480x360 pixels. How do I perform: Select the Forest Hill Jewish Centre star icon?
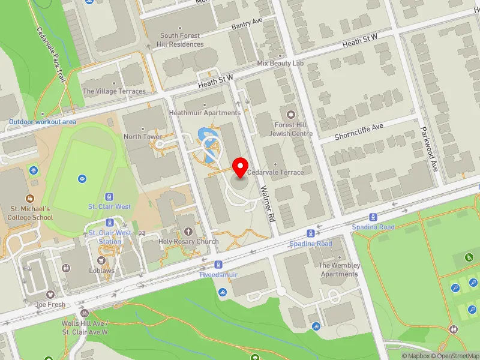tap(292, 114)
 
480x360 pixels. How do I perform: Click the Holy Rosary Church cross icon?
tap(188, 231)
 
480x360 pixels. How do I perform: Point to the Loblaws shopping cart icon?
tap(101, 260)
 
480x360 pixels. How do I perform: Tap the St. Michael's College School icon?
tap(31, 198)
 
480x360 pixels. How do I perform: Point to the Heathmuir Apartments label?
tap(205, 112)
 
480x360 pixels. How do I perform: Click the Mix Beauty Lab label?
tap(280, 63)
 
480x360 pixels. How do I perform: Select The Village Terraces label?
tap(114, 91)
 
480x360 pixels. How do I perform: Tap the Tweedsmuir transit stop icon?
tap(218, 264)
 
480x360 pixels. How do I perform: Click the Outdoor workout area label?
tap(43, 122)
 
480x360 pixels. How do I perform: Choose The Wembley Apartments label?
tap(340, 269)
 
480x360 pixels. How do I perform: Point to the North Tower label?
tap(143, 136)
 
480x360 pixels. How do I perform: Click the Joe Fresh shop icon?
tap(50, 295)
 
